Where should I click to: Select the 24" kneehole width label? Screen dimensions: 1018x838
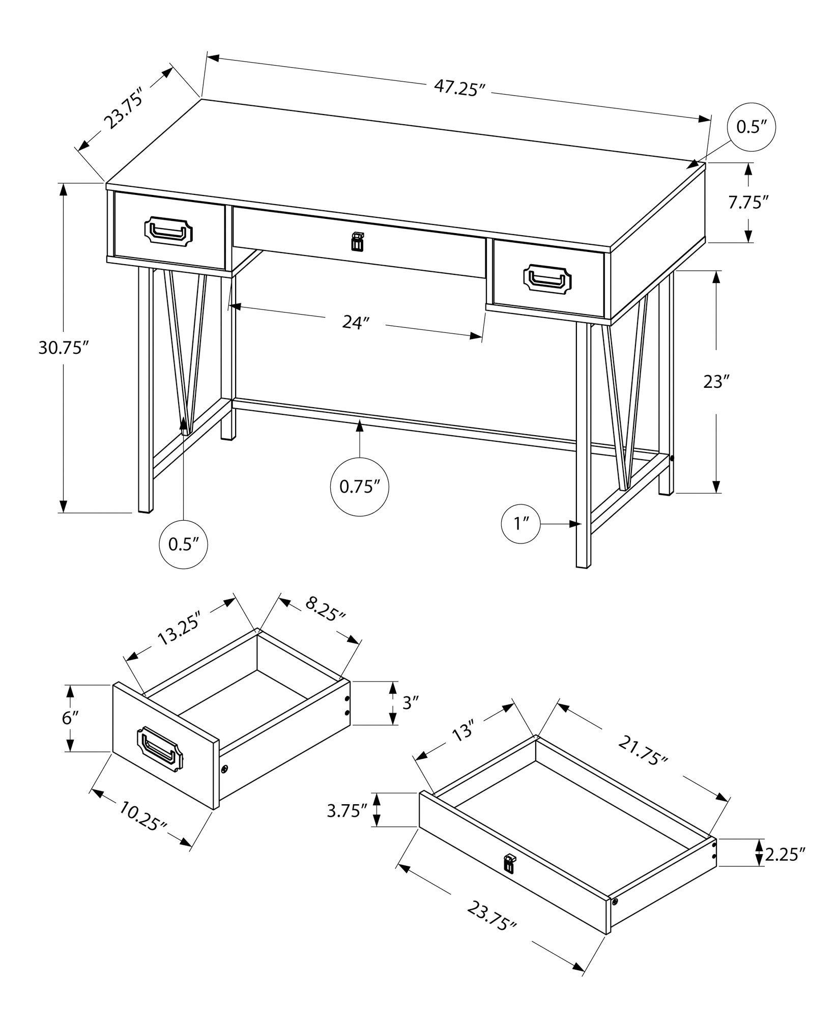click(x=355, y=322)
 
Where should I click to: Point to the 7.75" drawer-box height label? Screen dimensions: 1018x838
click(x=747, y=203)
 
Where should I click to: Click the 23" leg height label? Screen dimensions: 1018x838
click(x=716, y=382)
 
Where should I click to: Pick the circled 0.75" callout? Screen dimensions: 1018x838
click(x=360, y=487)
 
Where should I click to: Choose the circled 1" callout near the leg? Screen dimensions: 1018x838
click(x=520, y=523)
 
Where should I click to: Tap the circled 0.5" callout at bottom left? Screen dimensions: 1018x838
click(x=183, y=544)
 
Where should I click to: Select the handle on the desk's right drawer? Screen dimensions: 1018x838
click(x=547, y=279)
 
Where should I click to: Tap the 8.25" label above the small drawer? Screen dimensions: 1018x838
click(x=326, y=609)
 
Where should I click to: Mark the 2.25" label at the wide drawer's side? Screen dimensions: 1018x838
click(x=785, y=854)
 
